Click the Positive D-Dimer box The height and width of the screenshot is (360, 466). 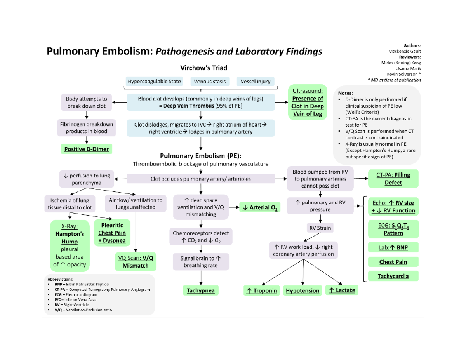pos(87,149)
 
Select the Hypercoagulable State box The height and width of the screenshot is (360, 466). pos(154,82)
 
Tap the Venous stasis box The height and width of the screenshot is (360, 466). pos(210,82)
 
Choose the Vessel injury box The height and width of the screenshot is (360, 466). pos(256,82)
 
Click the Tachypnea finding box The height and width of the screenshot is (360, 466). pos(200,290)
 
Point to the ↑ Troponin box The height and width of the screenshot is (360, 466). pos(261,290)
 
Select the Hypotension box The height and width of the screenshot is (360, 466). pos(303,290)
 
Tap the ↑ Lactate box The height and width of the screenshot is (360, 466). pos(342,290)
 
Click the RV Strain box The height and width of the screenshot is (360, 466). pos(320,228)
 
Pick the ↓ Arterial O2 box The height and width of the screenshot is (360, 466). pos(260,208)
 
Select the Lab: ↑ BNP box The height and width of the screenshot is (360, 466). pos(393,247)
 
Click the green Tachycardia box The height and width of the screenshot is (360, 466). pos(393,276)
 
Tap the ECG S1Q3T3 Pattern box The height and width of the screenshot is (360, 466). pos(393,230)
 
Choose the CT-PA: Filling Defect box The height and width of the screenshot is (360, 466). pos(393,179)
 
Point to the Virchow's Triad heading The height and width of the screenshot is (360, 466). pos(200,67)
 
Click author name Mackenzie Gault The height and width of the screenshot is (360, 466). pos(404,51)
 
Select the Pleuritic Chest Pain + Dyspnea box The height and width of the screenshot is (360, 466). pos(112,233)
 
